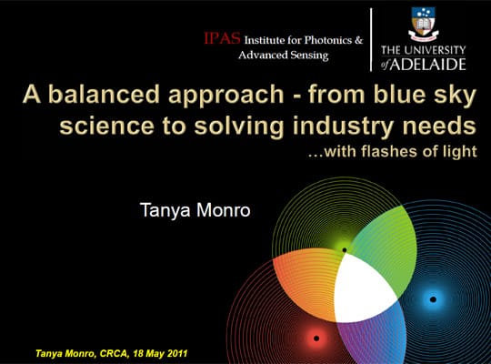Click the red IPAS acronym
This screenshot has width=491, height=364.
point(222,38)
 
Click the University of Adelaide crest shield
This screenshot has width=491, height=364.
point(424,23)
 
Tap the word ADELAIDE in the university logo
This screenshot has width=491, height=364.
point(427,64)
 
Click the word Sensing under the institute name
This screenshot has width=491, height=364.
point(309,56)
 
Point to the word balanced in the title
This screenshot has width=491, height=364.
point(105,94)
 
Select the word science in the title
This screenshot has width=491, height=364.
point(106,126)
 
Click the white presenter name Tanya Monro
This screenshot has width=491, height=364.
point(195,210)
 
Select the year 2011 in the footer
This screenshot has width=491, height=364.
point(177,353)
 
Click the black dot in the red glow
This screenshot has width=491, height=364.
point(316,339)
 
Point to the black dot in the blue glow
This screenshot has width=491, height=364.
point(433,299)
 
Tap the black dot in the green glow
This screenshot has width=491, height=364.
point(345,250)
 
